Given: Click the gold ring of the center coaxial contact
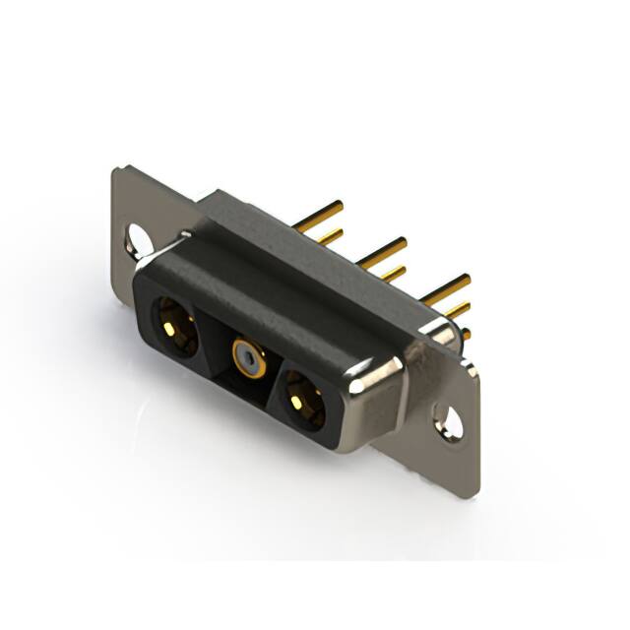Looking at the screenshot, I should coord(247,354).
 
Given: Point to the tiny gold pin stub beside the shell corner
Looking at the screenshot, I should coord(465,335).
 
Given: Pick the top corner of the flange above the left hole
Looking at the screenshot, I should coord(117,172).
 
